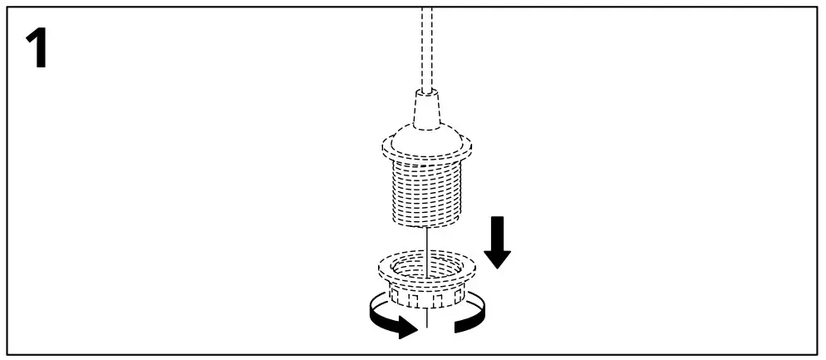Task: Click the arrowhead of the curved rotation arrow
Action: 405,328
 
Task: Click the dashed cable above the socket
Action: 427,50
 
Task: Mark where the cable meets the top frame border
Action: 427,7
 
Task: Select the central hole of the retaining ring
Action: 425,268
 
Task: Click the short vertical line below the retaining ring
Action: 425,318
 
